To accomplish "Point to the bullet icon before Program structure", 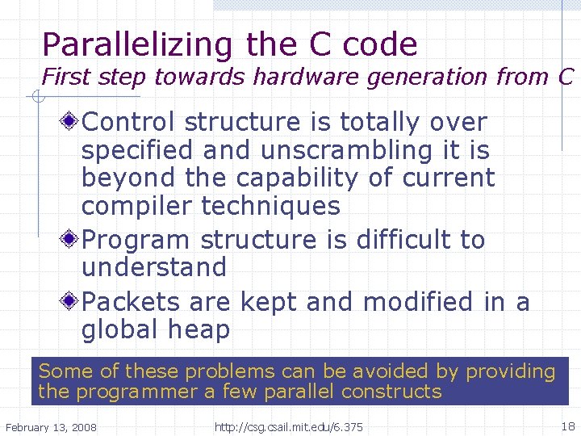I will tap(71, 240).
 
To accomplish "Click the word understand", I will tap(154, 267).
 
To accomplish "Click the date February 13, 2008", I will tap(51, 426).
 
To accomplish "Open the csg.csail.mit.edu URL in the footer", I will tap(288, 426).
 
